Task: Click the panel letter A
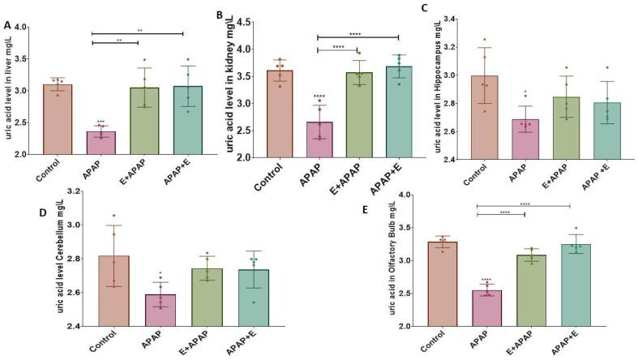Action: (x=7, y=25)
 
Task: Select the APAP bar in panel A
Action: (x=101, y=143)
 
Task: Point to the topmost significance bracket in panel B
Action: (x=358, y=36)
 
